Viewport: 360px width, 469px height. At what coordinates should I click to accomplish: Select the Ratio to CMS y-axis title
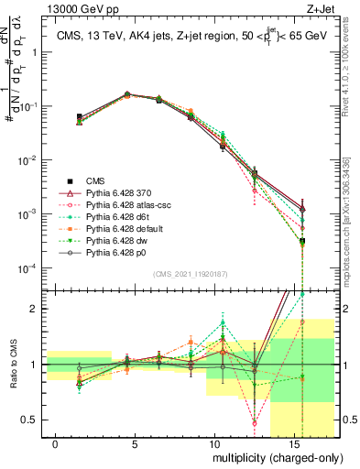coord(12,364)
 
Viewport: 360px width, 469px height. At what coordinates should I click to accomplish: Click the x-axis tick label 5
coord(135,443)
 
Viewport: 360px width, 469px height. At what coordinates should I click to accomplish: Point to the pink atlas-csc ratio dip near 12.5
coord(254,423)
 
